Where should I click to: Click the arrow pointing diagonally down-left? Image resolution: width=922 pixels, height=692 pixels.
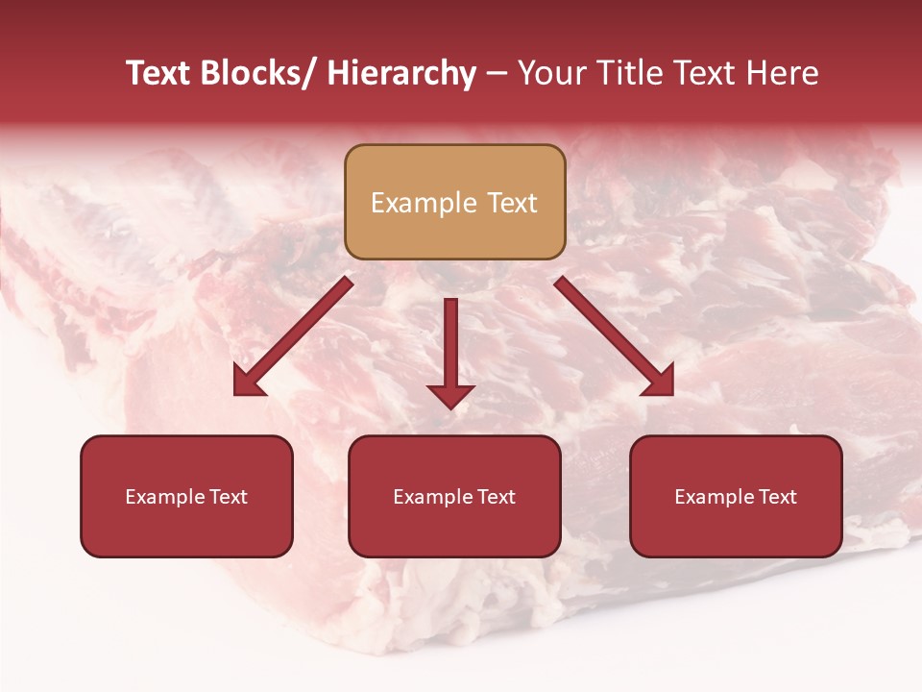coord(293,336)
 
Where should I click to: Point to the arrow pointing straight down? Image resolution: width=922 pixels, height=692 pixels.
coord(450,351)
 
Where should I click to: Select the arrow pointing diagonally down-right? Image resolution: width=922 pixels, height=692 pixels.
coord(615,336)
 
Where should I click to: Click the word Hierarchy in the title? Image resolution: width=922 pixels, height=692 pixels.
coord(402,73)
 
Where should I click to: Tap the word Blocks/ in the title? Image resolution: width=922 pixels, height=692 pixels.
coord(253,73)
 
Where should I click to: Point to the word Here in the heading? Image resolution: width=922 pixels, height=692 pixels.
coord(783,73)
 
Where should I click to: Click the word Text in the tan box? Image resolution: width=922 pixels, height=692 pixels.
coord(511,203)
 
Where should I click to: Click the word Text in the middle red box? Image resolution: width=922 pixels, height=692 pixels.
coord(494,497)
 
